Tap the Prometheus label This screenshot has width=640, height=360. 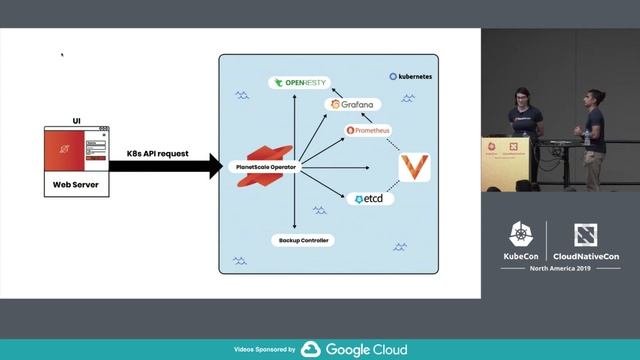[368, 130]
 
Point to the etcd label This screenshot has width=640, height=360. [368, 199]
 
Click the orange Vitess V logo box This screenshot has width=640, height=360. [413, 167]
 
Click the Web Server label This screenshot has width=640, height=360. [76, 185]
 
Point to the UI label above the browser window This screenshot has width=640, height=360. [76, 121]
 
